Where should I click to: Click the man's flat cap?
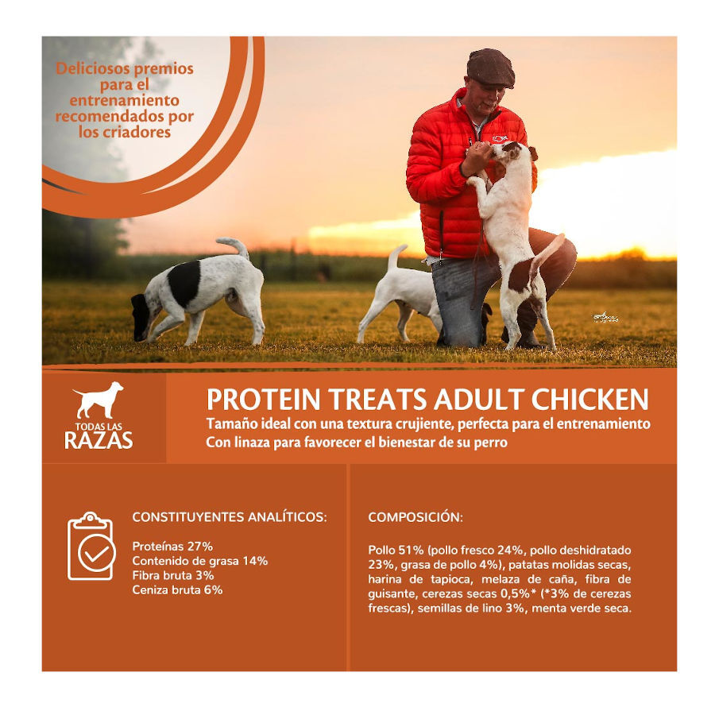click(490, 68)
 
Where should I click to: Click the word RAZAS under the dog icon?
click(99, 439)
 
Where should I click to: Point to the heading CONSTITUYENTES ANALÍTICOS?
click(229, 517)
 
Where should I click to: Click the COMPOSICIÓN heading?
click(415, 517)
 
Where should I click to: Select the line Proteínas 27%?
click(172, 547)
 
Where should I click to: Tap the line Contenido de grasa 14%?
click(199, 561)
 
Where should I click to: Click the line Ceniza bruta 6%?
click(177, 590)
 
